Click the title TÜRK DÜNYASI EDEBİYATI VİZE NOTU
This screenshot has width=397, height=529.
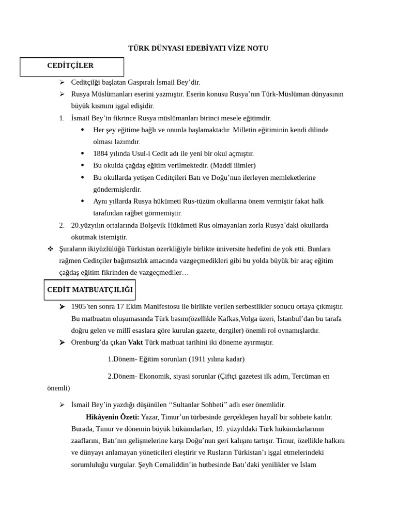click(x=198, y=48)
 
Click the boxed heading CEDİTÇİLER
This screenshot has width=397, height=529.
click(x=70, y=66)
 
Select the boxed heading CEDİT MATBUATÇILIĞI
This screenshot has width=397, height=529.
click(x=90, y=290)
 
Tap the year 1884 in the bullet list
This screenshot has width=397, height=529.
click(x=101, y=153)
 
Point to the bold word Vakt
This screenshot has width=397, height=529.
click(x=135, y=342)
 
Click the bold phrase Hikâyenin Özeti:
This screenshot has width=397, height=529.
click(x=113, y=417)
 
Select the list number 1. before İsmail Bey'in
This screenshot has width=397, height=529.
click(x=62, y=118)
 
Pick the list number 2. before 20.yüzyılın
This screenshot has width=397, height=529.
click(x=62, y=225)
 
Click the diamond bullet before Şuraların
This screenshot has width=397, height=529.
click(x=51, y=249)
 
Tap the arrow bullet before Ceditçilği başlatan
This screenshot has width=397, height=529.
click(x=62, y=82)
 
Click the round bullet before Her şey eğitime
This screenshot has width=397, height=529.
click(x=83, y=130)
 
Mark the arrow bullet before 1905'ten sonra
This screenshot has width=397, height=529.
click(x=62, y=306)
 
